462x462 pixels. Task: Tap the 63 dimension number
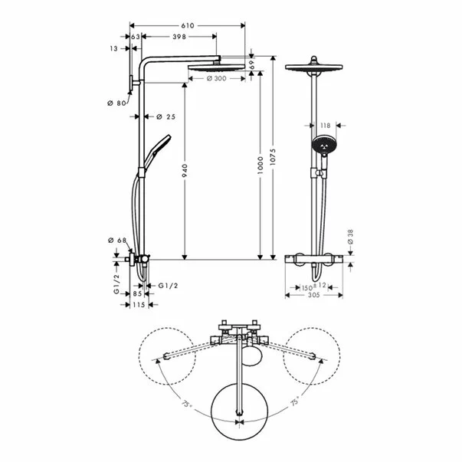pyautogui.click(x=136, y=36)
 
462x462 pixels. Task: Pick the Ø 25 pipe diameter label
pyautogui.click(x=166, y=117)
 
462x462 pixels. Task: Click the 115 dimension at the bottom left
pyautogui.click(x=139, y=306)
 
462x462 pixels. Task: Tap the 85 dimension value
pyautogui.click(x=137, y=293)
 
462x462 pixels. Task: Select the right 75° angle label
pyautogui.click(x=294, y=401)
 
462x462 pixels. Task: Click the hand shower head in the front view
pyautogui.click(x=323, y=144)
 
